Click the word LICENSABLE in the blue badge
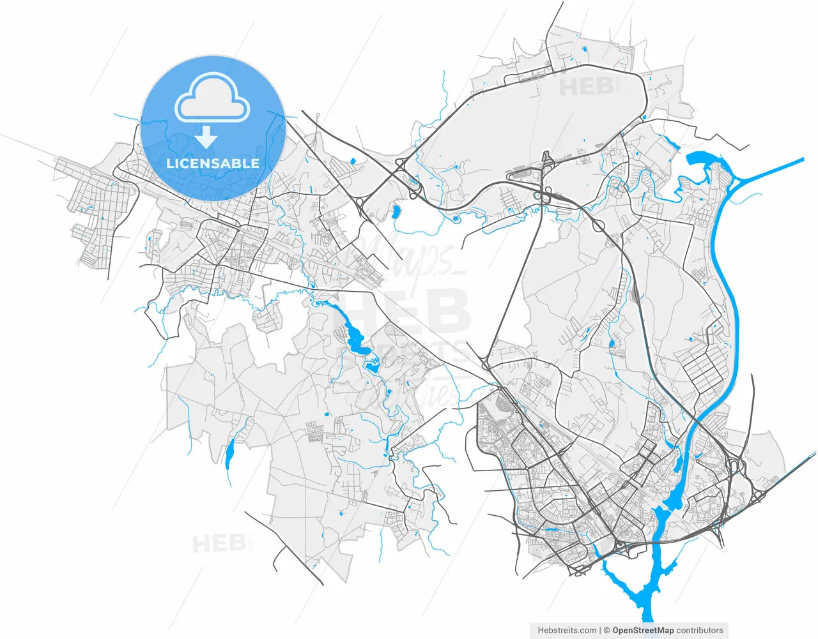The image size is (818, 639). tap(213, 163)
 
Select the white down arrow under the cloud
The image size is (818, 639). tap(206, 137)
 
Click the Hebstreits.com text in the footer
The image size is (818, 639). tap(567, 630)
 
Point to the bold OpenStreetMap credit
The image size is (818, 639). tap(643, 630)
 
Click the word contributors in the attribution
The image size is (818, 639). tap(700, 630)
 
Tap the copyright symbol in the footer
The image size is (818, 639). tap(606, 630)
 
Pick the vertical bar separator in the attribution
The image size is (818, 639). tap(601, 630)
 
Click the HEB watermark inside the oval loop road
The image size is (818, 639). tap(587, 87)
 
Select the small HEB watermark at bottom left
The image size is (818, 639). tap(219, 544)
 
